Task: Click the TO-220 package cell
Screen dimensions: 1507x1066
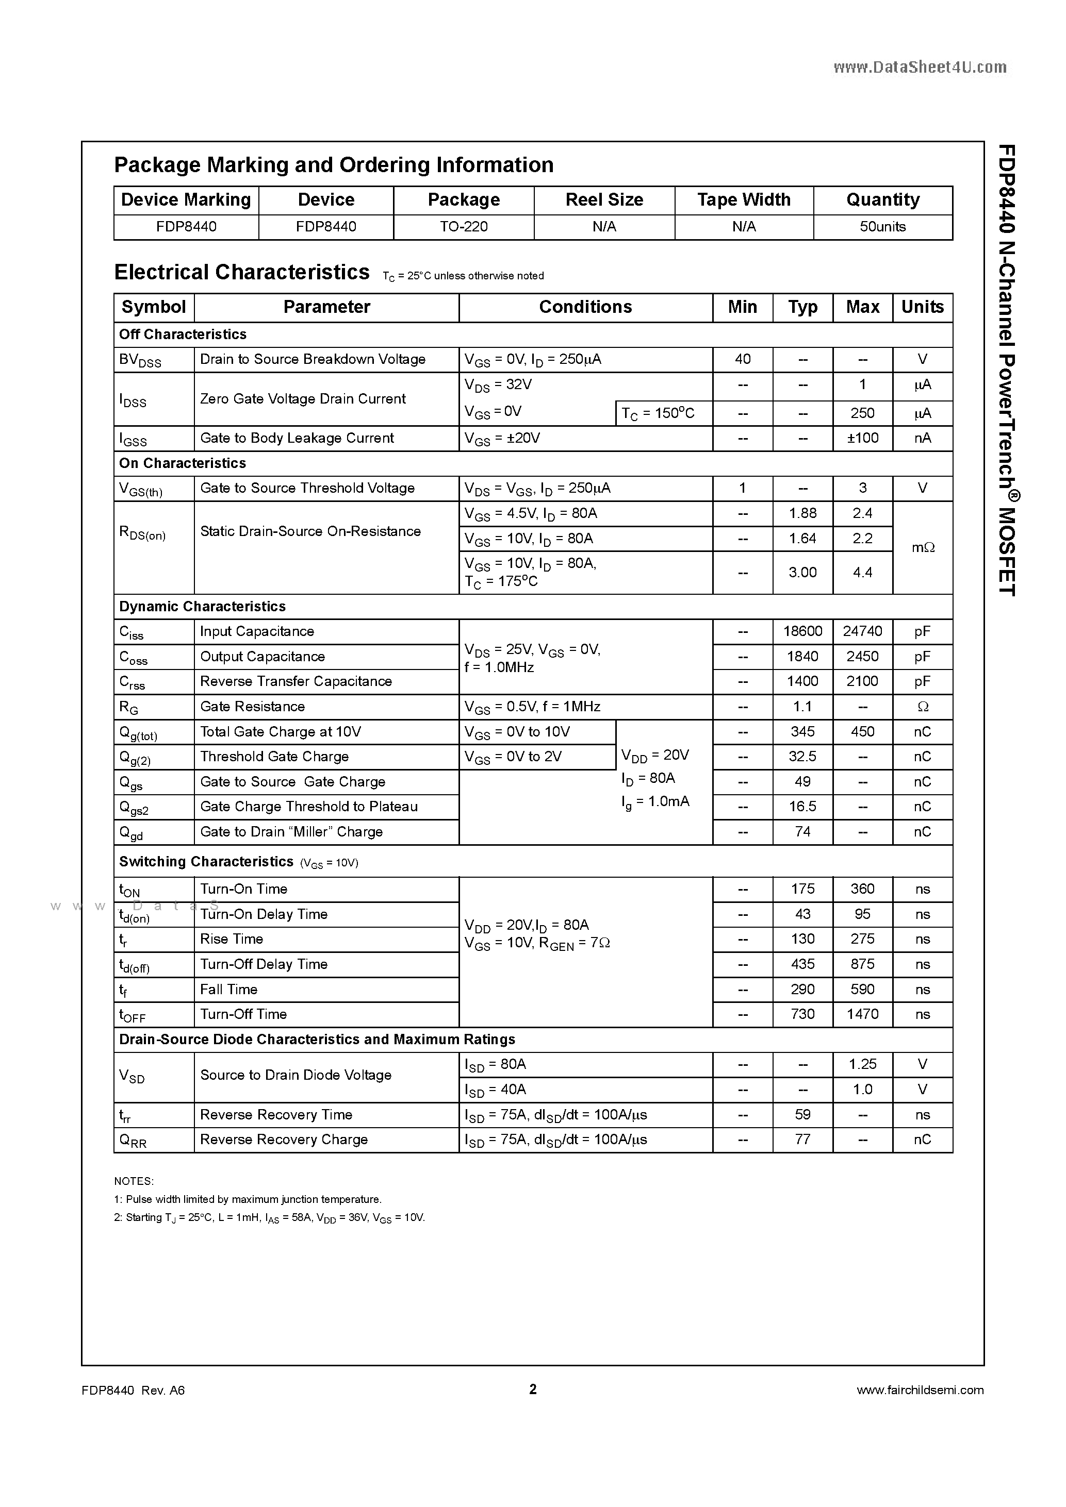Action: point(464,226)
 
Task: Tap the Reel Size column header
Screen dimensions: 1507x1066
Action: point(604,199)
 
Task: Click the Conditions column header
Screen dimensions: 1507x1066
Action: point(585,307)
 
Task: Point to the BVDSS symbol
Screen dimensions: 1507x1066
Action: point(140,360)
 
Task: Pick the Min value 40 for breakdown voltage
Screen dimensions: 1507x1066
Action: point(742,359)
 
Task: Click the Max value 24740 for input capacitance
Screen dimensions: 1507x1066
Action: point(862,631)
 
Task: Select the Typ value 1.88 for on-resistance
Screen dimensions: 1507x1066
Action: point(802,513)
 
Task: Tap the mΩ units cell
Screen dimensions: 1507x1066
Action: point(922,547)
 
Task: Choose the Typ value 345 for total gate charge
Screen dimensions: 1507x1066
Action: point(802,732)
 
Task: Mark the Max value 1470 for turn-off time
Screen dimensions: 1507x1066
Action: point(862,1014)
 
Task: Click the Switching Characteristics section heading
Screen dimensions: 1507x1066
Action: point(206,862)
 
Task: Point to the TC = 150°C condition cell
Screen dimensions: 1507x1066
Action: point(658,413)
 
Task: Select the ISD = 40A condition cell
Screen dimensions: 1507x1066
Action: point(495,1090)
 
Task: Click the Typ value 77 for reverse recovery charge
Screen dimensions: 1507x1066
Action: point(802,1140)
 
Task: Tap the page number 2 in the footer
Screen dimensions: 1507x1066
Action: point(533,1389)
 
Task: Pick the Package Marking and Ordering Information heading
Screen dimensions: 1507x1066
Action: point(334,165)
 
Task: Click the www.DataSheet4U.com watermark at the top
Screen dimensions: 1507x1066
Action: point(920,67)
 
